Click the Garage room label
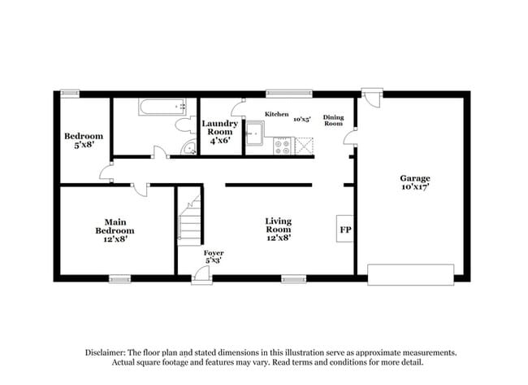(414, 183)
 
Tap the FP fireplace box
(345, 230)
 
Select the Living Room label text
(279, 230)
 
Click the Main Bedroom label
(114, 230)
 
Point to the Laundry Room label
(219, 131)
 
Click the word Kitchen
(277, 115)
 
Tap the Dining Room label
(334, 120)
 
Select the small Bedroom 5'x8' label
(84, 141)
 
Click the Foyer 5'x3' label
(214, 257)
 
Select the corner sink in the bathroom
(188, 147)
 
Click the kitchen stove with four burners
(283, 147)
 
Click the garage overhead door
(411, 273)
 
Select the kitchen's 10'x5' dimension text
(302, 119)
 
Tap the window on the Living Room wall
(293, 278)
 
